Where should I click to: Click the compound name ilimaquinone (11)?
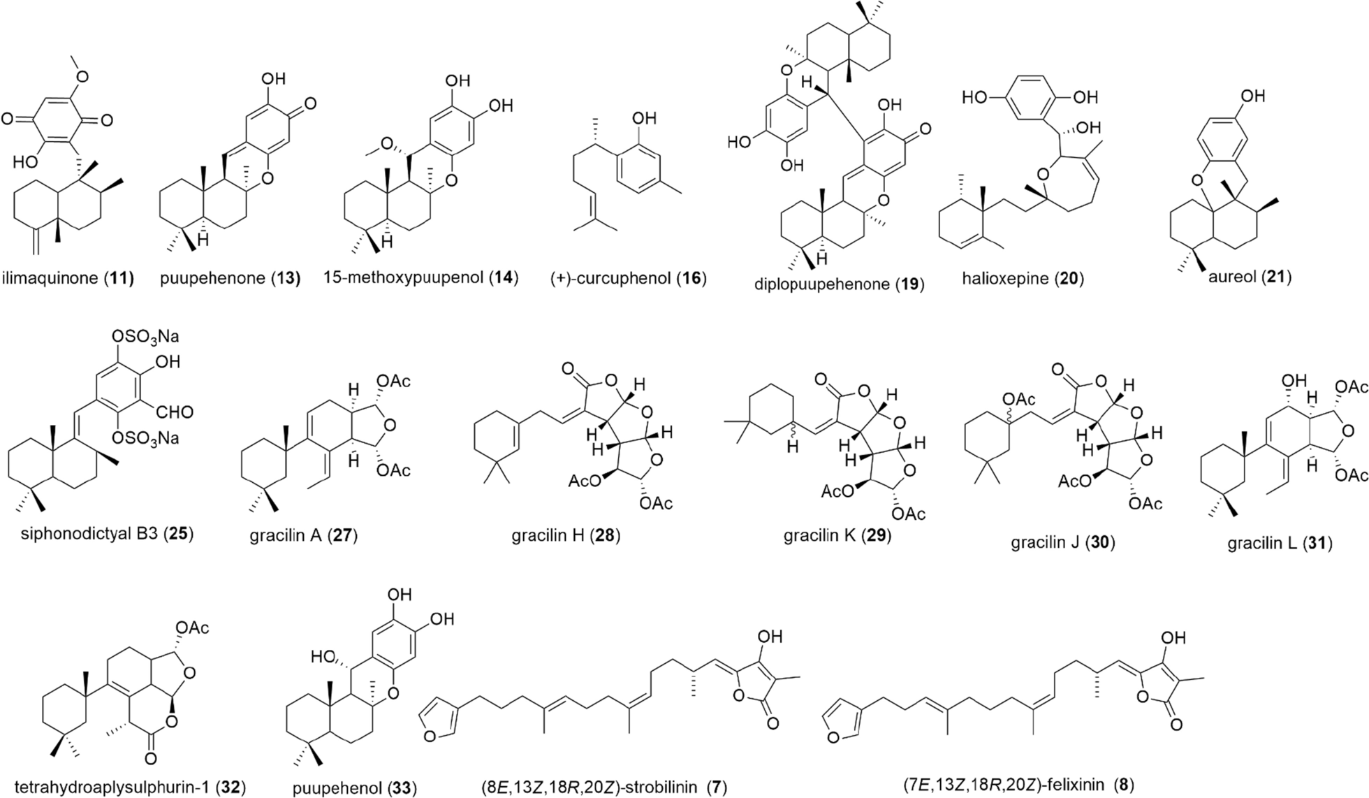68,278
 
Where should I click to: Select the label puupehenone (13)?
230,278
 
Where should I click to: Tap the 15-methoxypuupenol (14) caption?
420,278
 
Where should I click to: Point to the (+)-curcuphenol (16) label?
629,278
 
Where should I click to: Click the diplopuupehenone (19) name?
839,284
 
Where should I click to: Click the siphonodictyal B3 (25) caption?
108,535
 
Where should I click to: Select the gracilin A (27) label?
303,537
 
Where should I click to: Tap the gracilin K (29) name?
837,537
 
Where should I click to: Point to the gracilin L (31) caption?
1280,543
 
